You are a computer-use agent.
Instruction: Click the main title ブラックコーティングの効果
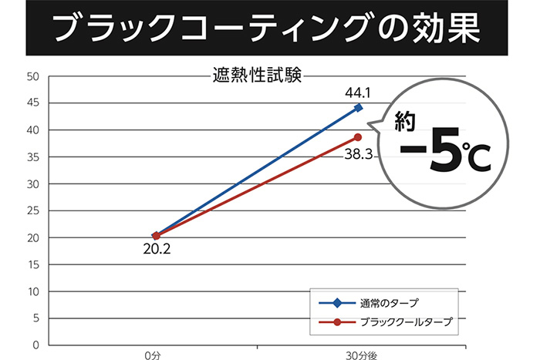pyautogui.click(x=269, y=28)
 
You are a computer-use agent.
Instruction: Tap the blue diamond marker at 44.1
pyautogui.click(x=359, y=107)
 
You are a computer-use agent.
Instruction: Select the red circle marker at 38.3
pyautogui.click(x=358, y=137)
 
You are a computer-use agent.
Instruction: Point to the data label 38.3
pyautogui.click(x=359, y=154)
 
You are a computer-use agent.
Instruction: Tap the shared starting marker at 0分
pyautogui.click(x=157, y=235)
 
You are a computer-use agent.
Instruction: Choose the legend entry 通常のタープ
pyautogui.click(x=389, y=302)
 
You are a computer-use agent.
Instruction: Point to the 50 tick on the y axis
pyautogui.click(x=32, y=76)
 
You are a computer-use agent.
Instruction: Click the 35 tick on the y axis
pyautogui.click(x=32, y=157)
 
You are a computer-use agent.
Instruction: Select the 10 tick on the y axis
pyautogui.click(x=32, y=291)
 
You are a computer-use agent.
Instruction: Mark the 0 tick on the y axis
pyautogui.click(x=35, y=345)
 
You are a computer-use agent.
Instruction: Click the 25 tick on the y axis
pyautogui.click(x=32, y=211)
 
